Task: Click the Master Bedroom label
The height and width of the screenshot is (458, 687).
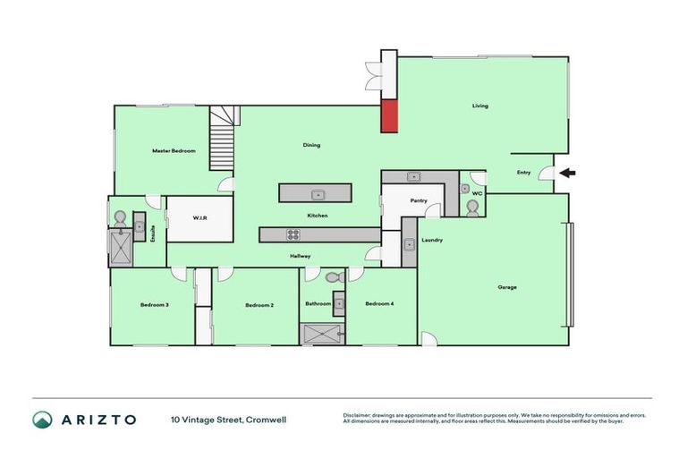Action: click(x=174, y=151)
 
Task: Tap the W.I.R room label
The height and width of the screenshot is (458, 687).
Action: click(x=199, y=217)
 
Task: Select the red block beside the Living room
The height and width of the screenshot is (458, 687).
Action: click(x=389, y=115)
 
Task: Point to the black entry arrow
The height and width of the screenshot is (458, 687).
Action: click(x=568, y=173)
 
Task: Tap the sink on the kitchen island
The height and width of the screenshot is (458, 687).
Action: click(x=316, y=194)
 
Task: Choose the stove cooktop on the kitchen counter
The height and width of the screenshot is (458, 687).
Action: click(x=292, y=235)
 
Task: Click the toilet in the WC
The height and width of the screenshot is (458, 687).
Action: click(x=472, y=208)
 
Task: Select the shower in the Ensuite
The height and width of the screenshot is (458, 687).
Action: click(x=119, y=248)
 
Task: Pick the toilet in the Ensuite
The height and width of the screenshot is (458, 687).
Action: click(x=120, y=217)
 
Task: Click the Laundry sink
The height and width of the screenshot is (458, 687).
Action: click(x=408, y=244)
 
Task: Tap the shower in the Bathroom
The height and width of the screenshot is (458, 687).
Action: click(x=321, y=334)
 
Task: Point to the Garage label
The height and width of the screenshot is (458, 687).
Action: click(x=507, y=287)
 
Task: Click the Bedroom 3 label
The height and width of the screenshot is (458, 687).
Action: click(x=155, y=305)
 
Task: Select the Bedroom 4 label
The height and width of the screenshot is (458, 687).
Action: click(x=379, y=304)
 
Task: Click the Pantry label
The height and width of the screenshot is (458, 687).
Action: click(x=419, y=200)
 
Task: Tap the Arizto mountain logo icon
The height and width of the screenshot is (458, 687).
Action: click(x=42, y=420)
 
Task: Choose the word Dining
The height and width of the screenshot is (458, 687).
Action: click(x=311, y=145)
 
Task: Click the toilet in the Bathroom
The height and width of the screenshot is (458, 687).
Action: click(x=334, y=279)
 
